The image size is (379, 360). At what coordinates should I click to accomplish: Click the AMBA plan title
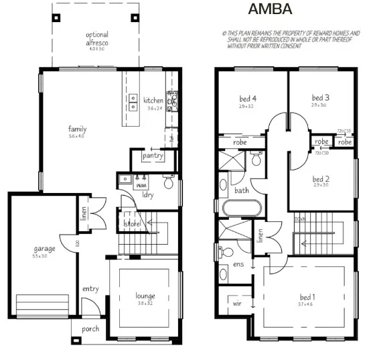pos(270,9)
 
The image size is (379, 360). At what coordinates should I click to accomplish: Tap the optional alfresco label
pos(97,39)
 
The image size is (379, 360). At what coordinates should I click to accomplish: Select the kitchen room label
pos(153,101)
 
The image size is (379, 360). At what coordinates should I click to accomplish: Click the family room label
pos(77,129)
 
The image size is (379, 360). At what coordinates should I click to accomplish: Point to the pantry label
pos(153,156)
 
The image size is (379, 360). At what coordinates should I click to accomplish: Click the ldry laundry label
pos(149,195)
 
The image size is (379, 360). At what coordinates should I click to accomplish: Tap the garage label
pos(44,249)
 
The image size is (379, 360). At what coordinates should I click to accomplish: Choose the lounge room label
pos(145,296)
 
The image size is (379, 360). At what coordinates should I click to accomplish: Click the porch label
pos(90,329)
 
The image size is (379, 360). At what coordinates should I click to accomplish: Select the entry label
pos(90,289)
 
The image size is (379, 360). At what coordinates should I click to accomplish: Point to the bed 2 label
pos(321,179)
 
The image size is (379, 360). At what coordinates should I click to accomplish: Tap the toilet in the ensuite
pos(226,252)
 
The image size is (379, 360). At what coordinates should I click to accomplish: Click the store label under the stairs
pos(131,223)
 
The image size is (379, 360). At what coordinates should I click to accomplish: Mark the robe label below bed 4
pos(240,142)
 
